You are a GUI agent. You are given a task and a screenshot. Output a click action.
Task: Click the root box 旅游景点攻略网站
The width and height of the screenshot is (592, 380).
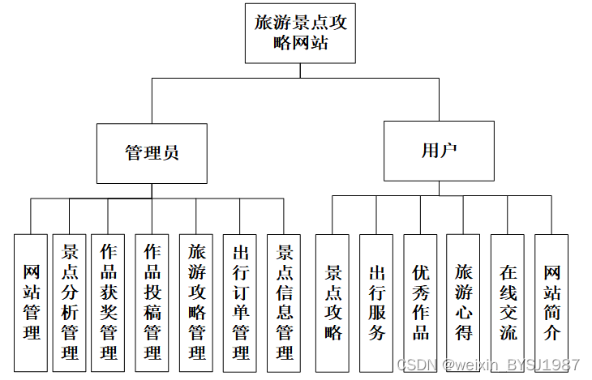pos(300,33)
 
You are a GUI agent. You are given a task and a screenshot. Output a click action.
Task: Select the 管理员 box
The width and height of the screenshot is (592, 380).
pos(152,152)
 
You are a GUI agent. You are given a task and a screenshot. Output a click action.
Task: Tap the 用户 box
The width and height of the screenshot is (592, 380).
pos(439,151)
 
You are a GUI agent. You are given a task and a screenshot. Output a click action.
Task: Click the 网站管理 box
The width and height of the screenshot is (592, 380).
pos(32,301)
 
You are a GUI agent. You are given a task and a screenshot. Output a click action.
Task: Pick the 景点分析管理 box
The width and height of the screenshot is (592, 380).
pos(70,301)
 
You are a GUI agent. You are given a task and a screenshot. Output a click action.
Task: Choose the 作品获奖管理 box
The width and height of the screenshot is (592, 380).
pos(109,301)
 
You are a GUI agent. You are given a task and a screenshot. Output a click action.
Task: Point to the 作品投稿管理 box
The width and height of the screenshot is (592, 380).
pos(152,301)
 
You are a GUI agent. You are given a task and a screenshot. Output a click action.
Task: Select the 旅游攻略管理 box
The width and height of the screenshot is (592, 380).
pos(196,301)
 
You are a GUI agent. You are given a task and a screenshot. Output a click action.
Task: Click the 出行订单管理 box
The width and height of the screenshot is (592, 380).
pos(240,301)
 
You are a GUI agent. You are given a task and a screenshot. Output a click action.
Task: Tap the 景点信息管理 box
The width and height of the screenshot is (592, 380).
pos(284,301)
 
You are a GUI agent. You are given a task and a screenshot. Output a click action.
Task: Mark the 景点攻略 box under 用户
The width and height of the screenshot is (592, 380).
pos(332,301)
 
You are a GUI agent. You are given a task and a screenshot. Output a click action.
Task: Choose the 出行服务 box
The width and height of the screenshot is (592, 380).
pos(376,301)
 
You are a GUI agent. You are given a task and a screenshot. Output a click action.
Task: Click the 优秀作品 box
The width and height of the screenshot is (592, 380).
pos(421,301)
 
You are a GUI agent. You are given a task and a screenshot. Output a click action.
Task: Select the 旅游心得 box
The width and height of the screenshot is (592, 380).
pos(464,301)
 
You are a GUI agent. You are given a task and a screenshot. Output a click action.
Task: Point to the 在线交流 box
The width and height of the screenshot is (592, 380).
pos(508,301)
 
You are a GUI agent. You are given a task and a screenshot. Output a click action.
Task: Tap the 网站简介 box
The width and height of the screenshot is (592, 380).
pos(551,301)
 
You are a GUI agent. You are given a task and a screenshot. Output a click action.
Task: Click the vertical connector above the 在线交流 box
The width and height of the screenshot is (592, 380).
pos(508,214)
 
